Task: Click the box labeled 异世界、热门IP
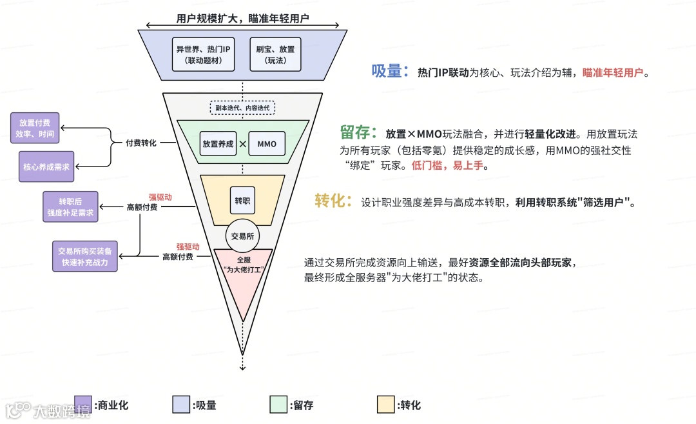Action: (x=204, y=54)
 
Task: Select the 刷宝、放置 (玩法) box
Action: (x=275, y=54)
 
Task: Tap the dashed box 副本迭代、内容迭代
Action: (x=243, y=108)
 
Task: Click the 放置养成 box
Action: (x=217, y=144)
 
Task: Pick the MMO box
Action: (x=266, y=144)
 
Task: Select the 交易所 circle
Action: (x=242, y=236)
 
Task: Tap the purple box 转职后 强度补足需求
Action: (x=70, y=207)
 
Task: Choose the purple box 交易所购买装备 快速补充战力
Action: (x=84, y=257)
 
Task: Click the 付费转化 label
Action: (x=141, y=143)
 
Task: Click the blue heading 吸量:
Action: (x=390, y=72)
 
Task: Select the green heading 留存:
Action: (x=358, y=134)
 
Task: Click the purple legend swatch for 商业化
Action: (x=82, y=405)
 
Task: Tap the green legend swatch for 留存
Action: (x=278, y=405)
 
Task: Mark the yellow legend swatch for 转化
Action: (x=386, y=405)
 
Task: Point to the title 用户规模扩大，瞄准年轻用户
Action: (x=243, y=18)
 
